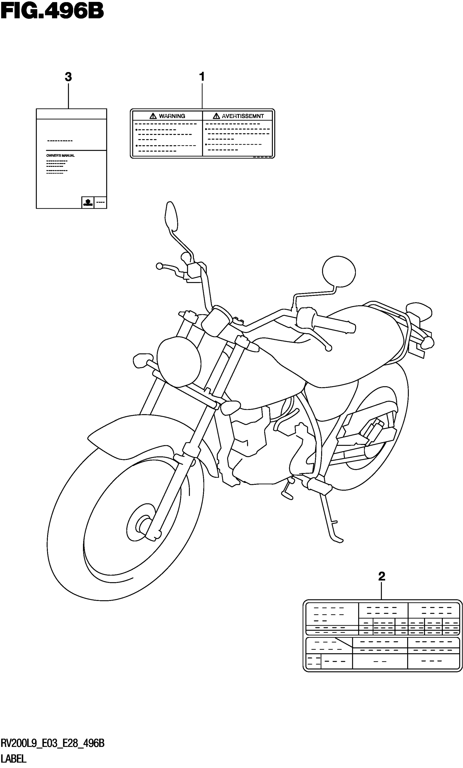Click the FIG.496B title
(52, 11)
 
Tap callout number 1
(202, 77)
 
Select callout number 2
(382, 576)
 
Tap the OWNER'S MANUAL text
(60, 156)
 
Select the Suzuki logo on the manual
(87, 202)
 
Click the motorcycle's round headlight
(179, 361)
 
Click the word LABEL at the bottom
(14, 759)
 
